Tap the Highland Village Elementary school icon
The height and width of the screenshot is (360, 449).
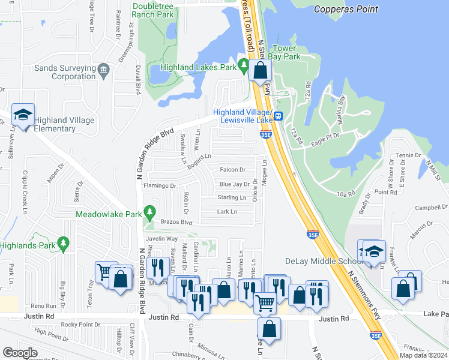tap(23, 114)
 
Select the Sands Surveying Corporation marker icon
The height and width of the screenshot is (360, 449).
tap(103, 71)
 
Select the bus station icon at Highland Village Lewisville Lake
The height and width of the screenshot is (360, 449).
tap(278, 116)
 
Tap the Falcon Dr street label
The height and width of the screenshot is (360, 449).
tap(233, 170)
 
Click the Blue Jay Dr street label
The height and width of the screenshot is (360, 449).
tap(234, 184)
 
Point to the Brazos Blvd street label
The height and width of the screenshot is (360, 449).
tap(176, 222)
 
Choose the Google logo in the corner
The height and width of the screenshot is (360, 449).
tap(20, 353)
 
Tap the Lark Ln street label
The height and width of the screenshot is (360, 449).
tap(227, 211)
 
